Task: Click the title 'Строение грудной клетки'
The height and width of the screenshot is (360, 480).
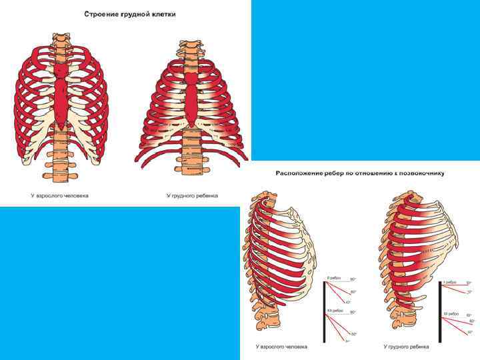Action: [130, 13]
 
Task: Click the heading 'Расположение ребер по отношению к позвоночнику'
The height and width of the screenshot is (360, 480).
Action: [360, 173]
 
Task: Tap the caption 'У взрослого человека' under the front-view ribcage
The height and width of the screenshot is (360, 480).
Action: [59, 196]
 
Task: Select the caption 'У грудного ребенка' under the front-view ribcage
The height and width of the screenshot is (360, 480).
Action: [192, 196]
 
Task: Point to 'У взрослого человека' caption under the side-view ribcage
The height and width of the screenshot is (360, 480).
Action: [282, 347]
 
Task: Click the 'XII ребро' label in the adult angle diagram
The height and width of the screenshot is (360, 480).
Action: [334, 311]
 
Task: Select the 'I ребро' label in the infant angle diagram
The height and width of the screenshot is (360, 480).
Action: [450, 282]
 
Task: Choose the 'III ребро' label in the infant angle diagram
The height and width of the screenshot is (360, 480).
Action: [451, 314]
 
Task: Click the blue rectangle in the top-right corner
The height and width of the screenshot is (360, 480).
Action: [365, 80]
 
